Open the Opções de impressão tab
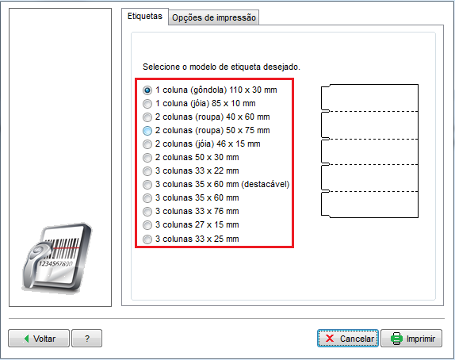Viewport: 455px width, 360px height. [x=213, y=17]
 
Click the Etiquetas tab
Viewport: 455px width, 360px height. [x=145, y=17]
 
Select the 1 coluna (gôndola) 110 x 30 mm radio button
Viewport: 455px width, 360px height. [x=147, y=90]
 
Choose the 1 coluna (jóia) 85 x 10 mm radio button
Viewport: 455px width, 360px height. [x=147, y=104]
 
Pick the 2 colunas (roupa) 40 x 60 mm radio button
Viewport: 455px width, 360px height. [x=147, y=117]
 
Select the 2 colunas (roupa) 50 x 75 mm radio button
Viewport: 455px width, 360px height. [x=147, y=131]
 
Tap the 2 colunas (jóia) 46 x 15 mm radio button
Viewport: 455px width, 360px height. [x=147, y=144]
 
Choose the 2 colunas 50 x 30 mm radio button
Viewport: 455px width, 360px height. [x=147, y=158]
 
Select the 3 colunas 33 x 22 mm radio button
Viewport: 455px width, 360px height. [x=147, y=171]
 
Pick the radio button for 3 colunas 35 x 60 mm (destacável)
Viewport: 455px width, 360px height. [x=147, y=184]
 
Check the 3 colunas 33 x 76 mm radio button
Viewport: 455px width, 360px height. [x=147, y=212]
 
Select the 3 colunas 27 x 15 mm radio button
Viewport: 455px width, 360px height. [x=147, y=225]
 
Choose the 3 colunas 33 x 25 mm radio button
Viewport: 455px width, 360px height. [x=147, y=239]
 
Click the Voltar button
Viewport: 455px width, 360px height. [x=39, y=339]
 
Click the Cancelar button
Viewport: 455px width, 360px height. [x=348, y=339]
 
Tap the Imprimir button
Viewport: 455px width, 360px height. [x=411, y=339]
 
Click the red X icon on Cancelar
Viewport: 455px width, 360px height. [x=330, y=339]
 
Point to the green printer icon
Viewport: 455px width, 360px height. [x=396, y=339]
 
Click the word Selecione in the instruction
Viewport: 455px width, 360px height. [x=162, y=67]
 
